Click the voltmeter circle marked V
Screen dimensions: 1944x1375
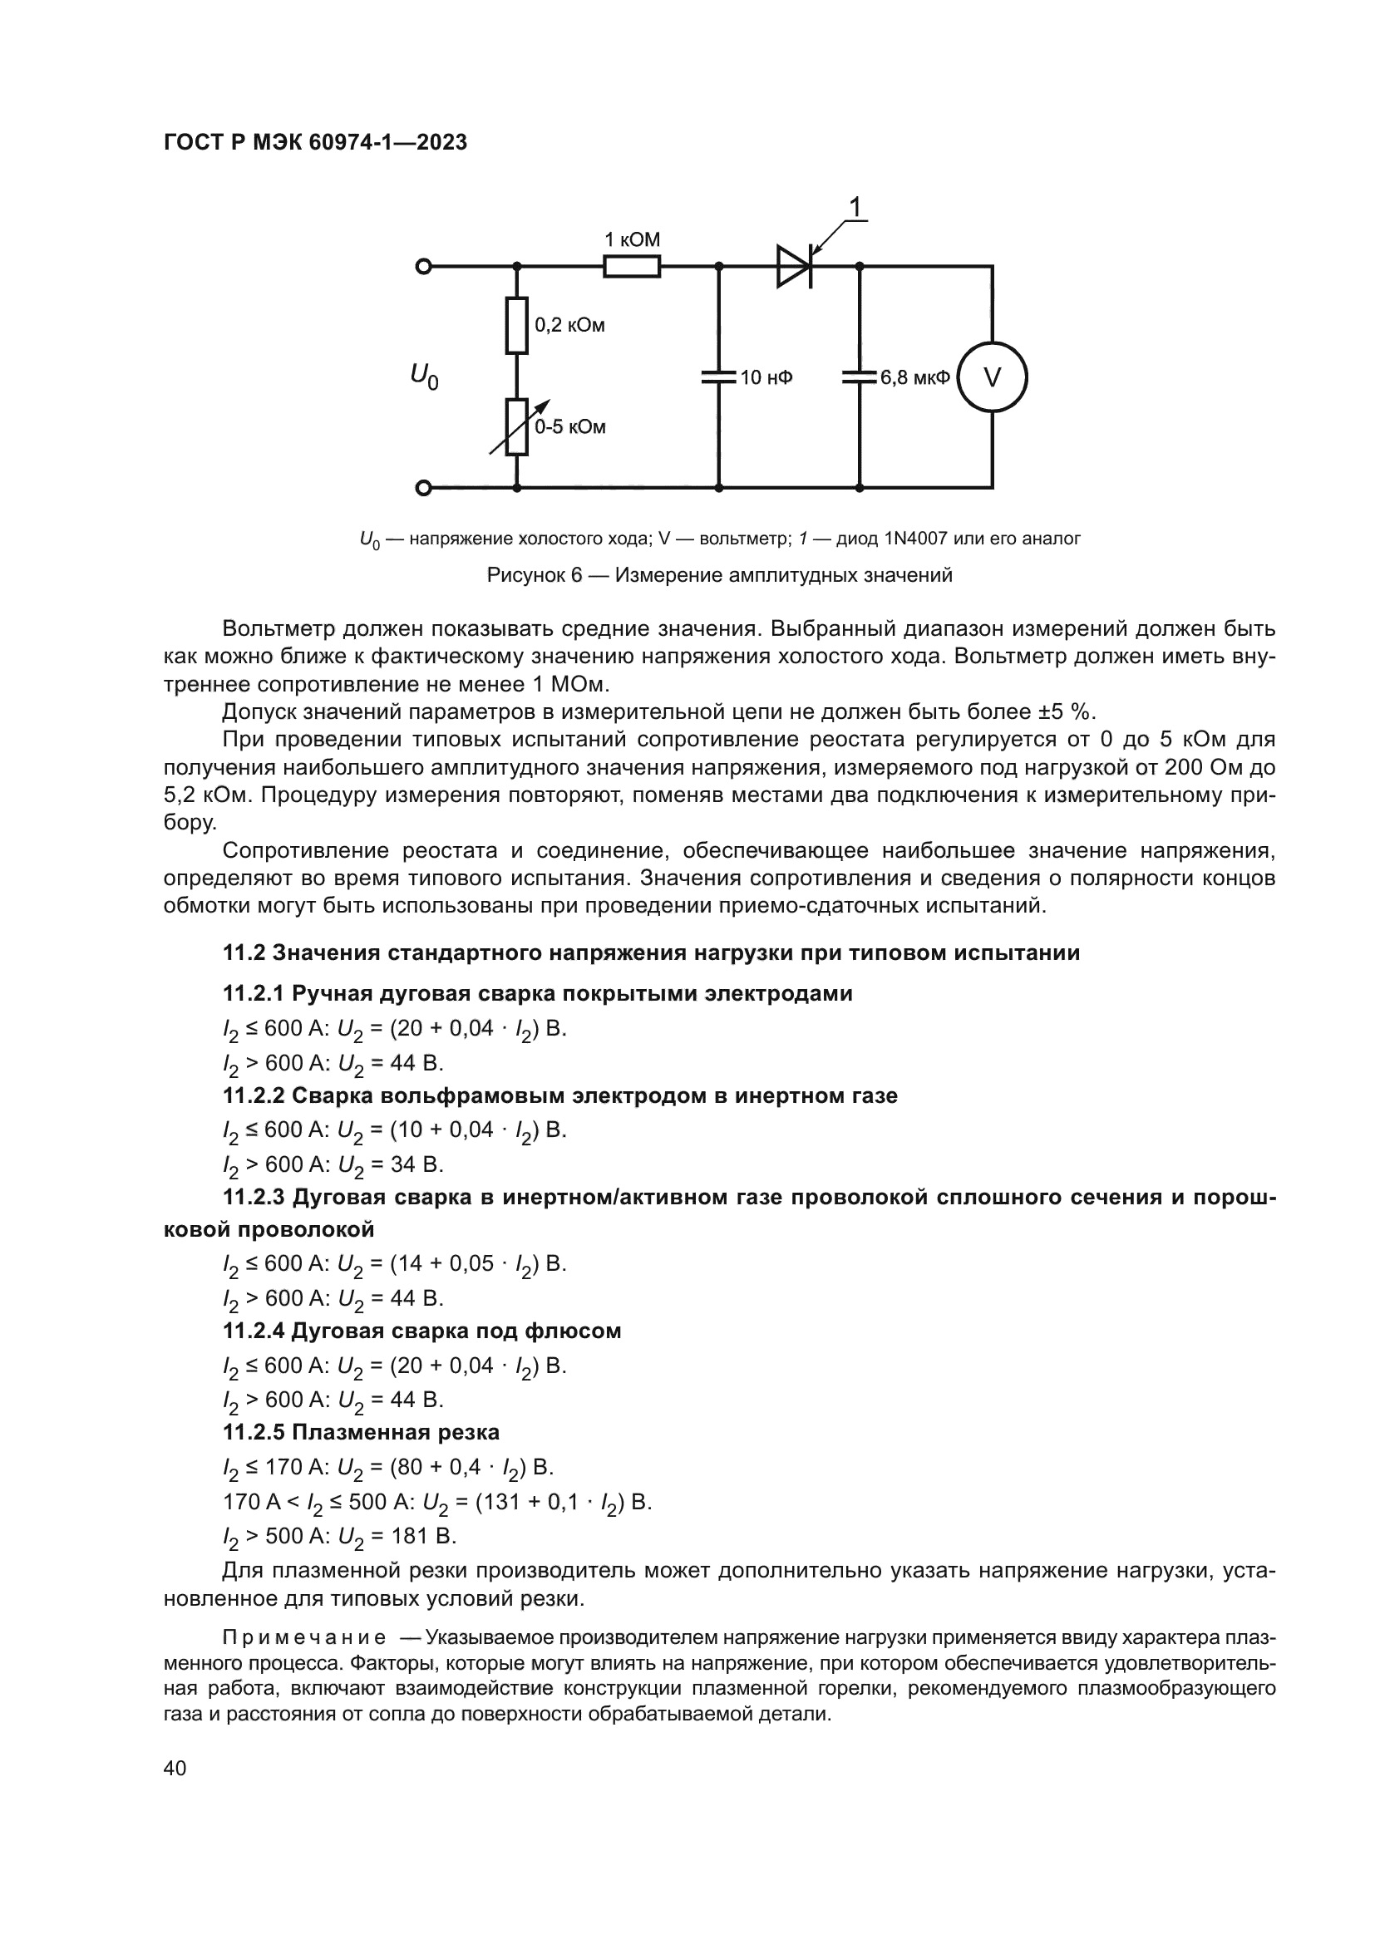tap(992, 376)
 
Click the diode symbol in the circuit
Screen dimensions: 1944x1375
tap(795, 266)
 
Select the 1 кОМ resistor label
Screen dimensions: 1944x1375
tap(632, 239)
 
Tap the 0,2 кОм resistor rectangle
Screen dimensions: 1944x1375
tap(516, 325)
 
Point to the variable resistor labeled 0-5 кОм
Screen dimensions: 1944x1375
tap(516, 426)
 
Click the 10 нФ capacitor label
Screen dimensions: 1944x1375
tap(766, 377)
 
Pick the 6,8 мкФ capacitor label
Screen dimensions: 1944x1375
tap(914, 377)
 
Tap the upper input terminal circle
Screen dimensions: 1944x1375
tap(423, 267)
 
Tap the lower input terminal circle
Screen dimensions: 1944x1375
tap(423, 488)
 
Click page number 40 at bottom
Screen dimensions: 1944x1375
tap(175, 1768)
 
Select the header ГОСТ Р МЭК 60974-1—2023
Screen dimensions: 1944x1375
tap(315, 143)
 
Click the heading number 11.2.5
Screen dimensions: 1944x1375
tap(254, 1433)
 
